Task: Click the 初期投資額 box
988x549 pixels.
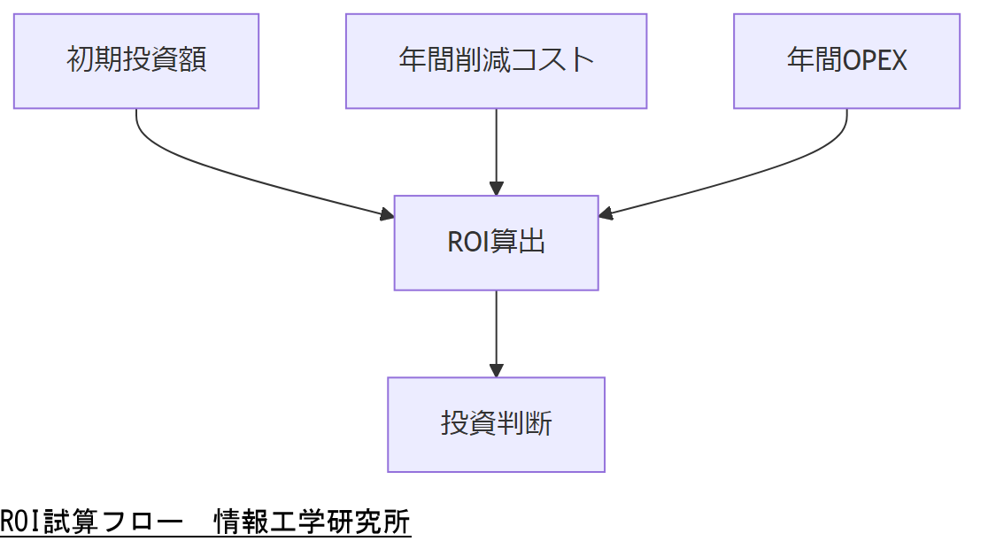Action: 136,61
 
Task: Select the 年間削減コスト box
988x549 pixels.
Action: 496,61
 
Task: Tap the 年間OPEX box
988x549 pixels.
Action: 846,61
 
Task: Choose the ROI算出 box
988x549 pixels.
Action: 496,243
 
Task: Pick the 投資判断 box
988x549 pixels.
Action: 496,424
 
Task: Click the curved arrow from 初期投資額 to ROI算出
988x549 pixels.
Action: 221,174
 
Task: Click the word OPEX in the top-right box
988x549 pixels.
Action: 876,61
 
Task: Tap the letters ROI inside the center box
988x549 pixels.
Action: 467,243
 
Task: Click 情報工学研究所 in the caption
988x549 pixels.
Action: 313,522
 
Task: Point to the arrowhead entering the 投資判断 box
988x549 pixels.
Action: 496,370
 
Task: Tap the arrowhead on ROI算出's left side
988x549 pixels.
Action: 387,213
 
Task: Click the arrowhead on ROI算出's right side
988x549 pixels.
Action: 606,213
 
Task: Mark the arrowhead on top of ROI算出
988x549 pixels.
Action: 496,189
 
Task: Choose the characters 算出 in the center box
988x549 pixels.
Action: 517,243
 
